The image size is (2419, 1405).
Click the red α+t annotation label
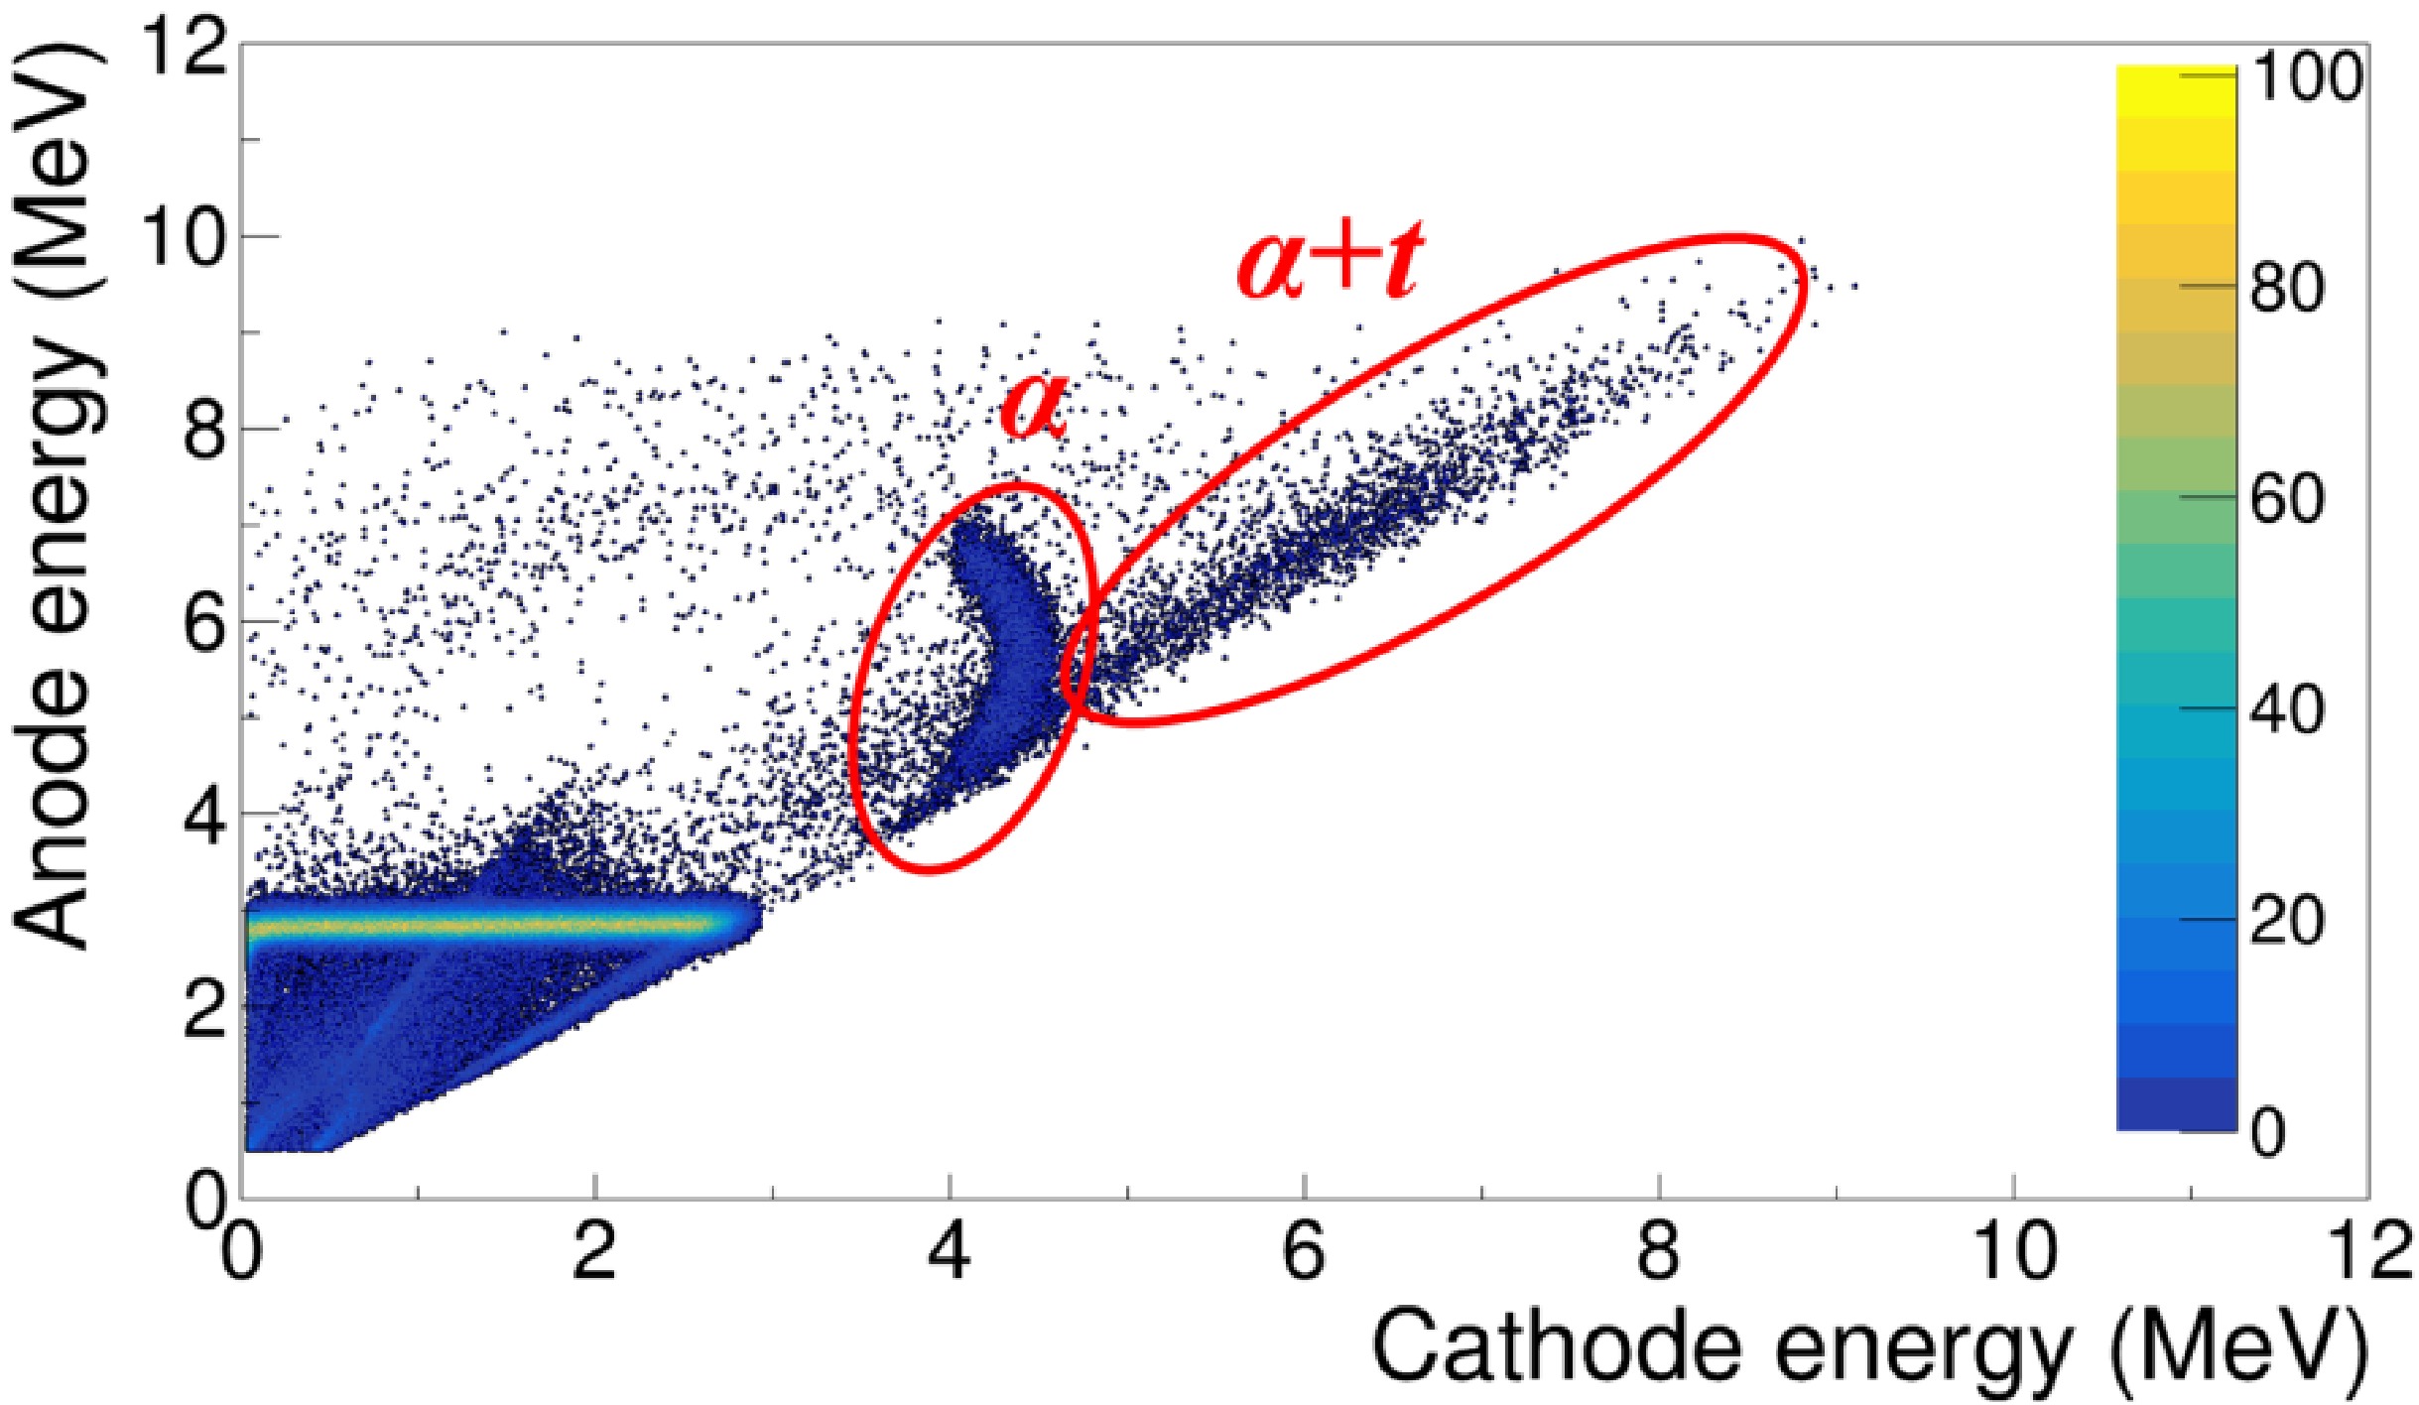[1330, 260]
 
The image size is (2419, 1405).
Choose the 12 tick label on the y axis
[185, 46]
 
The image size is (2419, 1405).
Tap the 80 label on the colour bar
[2288, 287]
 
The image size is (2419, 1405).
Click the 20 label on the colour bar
[2288, 920]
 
